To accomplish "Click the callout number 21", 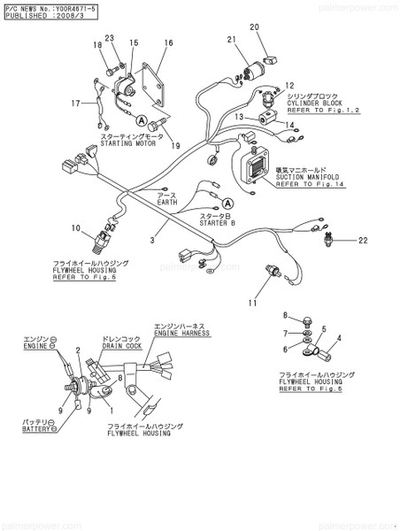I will [231, 40].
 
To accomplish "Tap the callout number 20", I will [254, 27].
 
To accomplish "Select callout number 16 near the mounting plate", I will [168, 43].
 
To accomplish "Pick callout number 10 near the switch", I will [76, 228].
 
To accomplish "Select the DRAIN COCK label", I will [120, 346].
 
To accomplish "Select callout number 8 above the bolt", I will [286, 315].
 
